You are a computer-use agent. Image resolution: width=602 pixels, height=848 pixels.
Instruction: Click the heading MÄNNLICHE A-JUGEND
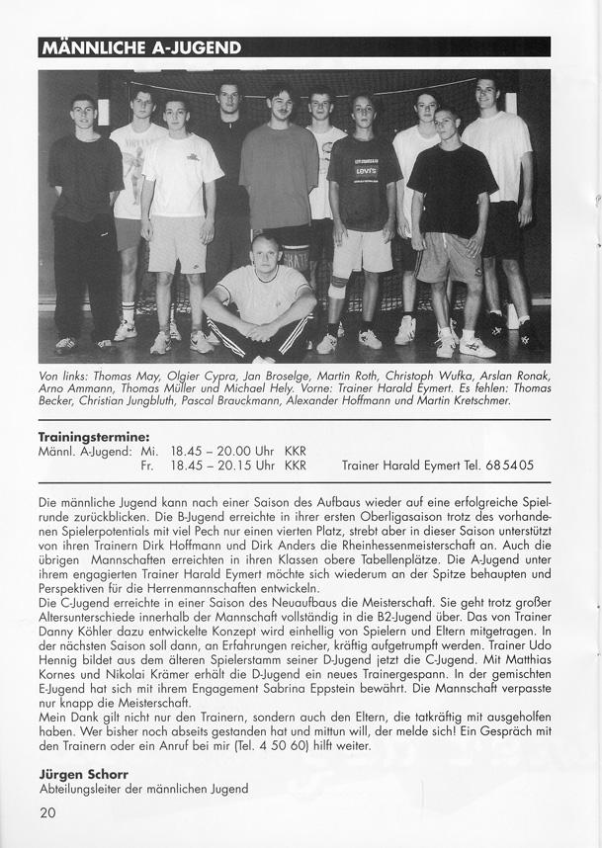tap(139, 48)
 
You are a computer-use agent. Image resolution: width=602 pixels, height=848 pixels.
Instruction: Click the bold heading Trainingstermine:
tap(94, 436)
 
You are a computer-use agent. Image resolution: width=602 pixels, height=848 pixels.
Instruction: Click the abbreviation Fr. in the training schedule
tap(149, 465)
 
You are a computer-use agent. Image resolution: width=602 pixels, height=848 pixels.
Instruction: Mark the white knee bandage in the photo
tap(338, 286)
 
